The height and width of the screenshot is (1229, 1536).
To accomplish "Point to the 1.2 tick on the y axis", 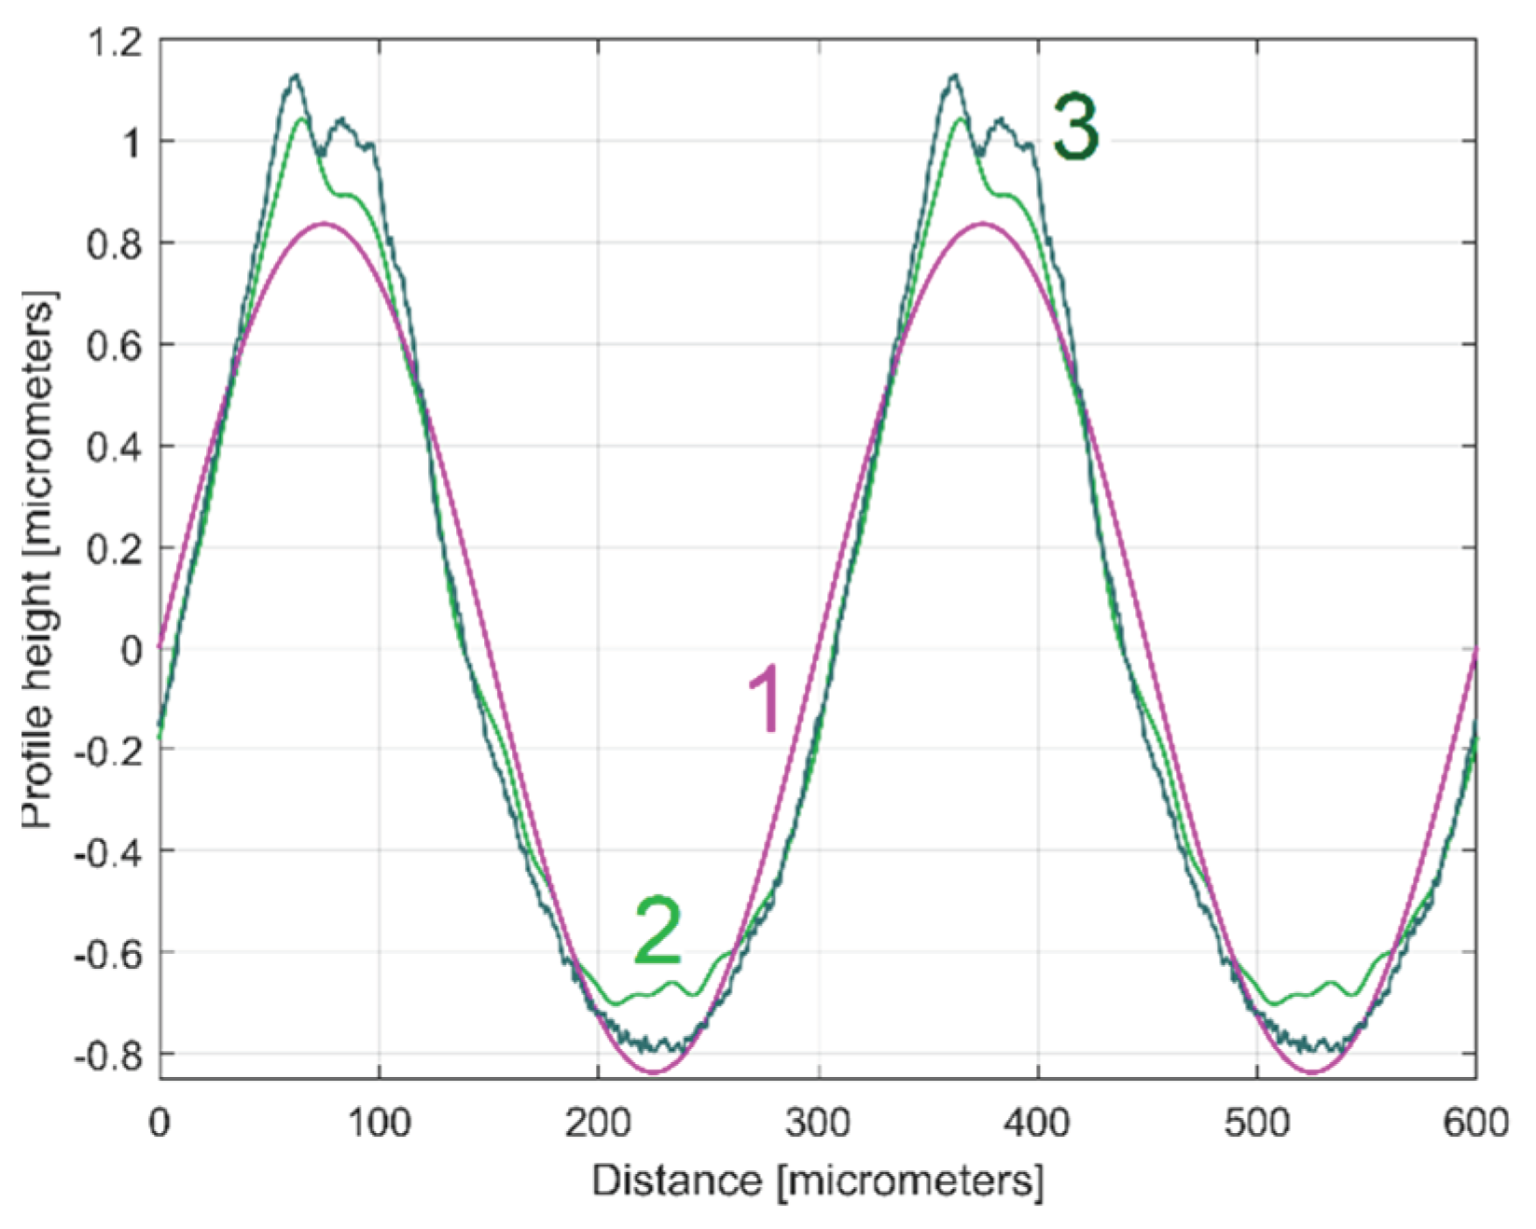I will tap(113, 41).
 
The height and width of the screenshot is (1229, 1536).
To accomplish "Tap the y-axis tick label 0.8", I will tap(113, 244).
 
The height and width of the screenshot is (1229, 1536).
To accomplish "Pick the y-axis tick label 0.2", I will tap(113, 548).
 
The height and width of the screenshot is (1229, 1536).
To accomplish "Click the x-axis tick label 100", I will tap(379, 1123).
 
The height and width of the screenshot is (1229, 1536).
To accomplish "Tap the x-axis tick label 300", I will tap(818, 1123).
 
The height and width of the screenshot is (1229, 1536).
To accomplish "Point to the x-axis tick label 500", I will tap(1256, 1123).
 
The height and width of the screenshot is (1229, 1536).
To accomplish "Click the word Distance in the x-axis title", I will tap(676, 1181).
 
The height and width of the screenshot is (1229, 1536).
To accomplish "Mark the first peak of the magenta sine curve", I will tap(324, 223).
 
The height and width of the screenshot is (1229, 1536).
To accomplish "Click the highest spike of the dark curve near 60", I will tap(295, 76).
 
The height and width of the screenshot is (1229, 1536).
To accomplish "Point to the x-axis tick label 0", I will tap(159, 1123).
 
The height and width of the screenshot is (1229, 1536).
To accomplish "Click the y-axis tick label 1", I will tap(130, 144).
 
